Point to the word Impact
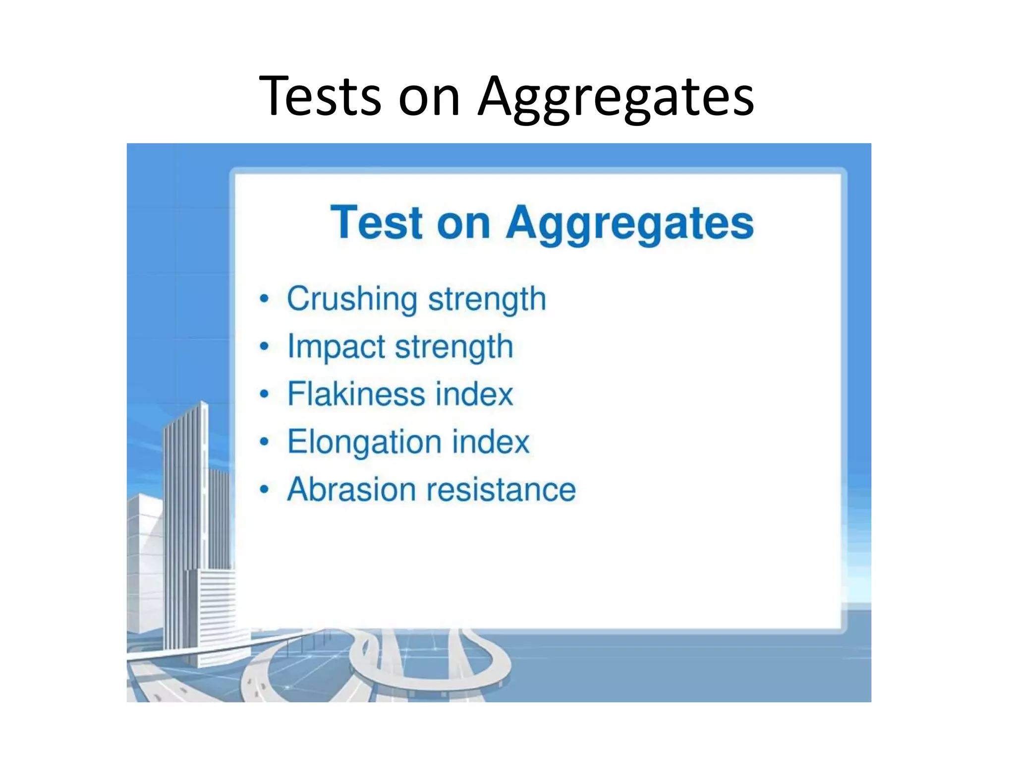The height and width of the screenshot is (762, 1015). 336,347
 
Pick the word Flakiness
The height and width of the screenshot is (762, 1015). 356,394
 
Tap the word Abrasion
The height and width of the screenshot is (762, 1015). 351,490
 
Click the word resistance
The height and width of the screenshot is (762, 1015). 501,490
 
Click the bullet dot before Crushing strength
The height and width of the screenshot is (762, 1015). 265,299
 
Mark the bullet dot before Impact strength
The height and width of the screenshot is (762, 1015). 265,347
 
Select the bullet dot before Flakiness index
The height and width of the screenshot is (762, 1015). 265,394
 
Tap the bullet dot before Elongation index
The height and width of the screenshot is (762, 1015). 265,442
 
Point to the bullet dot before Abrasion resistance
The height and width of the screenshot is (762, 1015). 265,490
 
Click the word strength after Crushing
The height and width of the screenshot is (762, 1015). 487,299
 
